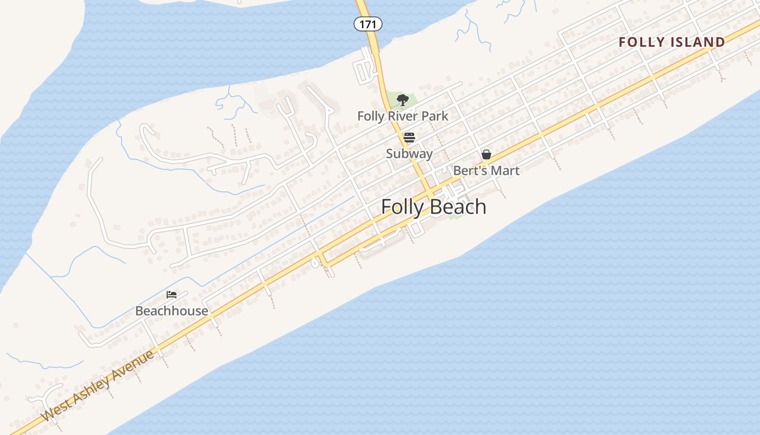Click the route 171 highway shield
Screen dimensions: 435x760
368,24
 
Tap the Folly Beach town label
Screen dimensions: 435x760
433,207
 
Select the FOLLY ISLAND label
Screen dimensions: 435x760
672,42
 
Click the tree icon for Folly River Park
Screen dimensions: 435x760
402,100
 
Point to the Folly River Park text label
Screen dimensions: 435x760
403,116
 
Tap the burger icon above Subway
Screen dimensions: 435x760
409,138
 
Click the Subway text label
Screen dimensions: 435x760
409,153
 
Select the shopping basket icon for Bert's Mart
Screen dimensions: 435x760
486,155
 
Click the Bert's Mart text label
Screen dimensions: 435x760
486,171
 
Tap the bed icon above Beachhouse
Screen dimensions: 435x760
172,295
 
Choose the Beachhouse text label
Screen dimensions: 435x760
172,311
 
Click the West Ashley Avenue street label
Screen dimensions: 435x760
98,387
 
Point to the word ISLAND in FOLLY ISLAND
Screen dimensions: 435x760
698,42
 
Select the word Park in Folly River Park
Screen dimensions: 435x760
435,116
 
